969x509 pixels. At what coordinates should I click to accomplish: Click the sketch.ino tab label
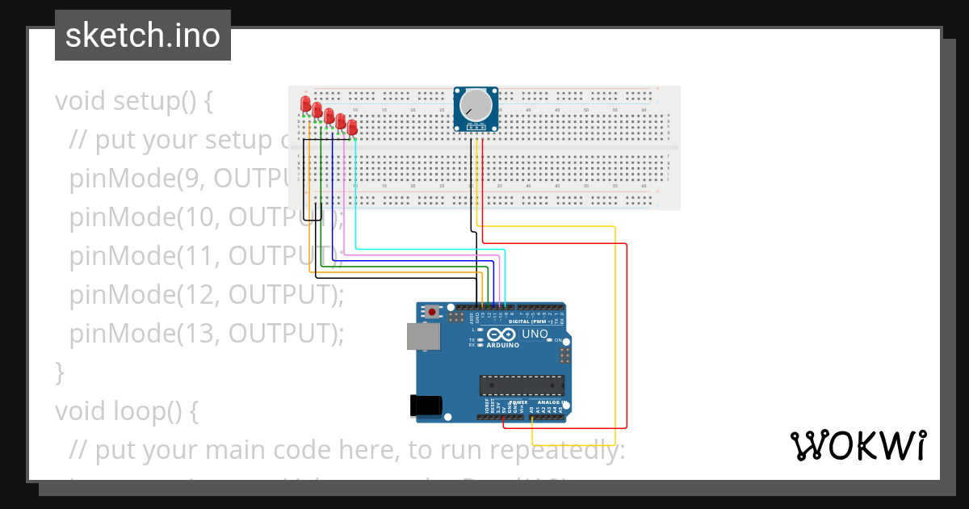[x=143, y=36]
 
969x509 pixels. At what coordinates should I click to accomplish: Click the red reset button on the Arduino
[x=433, y=312]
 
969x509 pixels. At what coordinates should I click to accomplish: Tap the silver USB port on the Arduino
[x=421, y=336]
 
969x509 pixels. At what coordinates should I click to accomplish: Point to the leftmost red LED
[x=305, y=103]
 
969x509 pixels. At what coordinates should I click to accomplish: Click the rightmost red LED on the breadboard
[x=352, y=127]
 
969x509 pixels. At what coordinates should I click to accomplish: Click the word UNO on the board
[x=535, y=334]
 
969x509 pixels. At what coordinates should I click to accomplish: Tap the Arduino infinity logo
[x=501, y=335]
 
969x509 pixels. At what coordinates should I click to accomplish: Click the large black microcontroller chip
[x=522, y=387]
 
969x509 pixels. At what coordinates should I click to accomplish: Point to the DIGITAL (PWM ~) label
[x=531, y=322]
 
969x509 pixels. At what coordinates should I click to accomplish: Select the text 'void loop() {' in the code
[x=126, y=410]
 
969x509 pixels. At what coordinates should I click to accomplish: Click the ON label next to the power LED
[x=558, y=340]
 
